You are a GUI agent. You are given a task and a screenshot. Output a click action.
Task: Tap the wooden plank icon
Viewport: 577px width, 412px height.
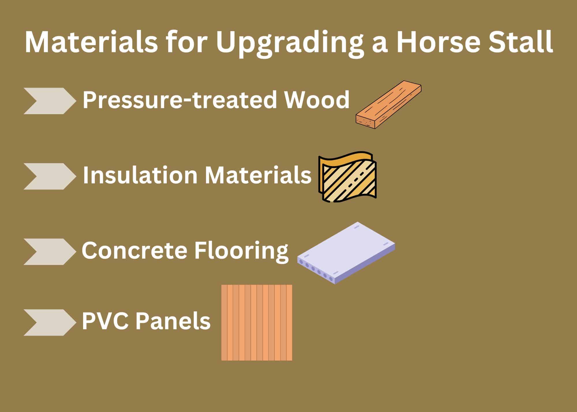click(x=388, y=104)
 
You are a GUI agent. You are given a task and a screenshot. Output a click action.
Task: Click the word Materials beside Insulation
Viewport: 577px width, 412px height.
click(x=258, y=175)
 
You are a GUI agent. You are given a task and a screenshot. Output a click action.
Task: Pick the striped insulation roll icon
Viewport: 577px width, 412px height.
click(x=348, y=176)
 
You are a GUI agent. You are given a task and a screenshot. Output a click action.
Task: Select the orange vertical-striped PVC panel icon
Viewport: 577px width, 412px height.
click(x=256, y=322)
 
